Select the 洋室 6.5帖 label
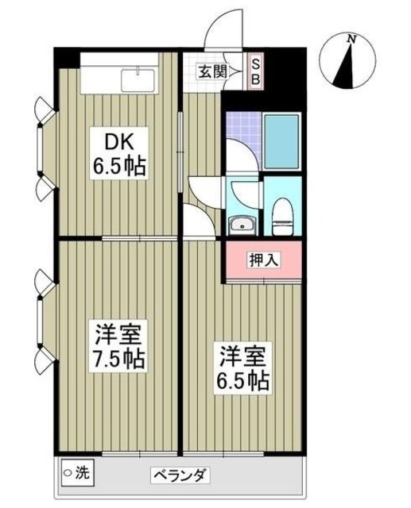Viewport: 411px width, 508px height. tap(243, 368)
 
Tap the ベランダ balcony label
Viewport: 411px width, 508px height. tap(180, 476)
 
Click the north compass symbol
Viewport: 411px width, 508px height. tap(348, 61)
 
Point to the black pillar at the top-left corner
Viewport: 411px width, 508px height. tap(65, 57)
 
